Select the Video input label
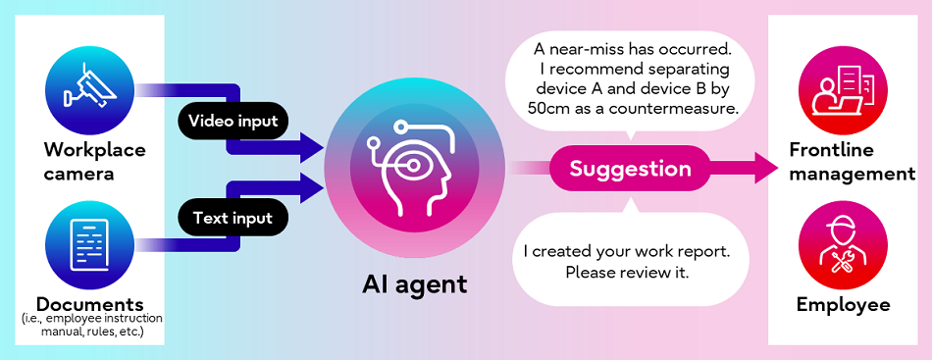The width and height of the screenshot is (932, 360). click(x=233, y=123)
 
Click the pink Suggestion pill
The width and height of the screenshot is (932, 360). click(x=630, y=169)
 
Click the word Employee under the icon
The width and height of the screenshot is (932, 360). click(x=843, y=305)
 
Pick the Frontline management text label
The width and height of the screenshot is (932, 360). click(x=851, y=162)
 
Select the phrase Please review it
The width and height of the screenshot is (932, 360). click(x=628, y=271)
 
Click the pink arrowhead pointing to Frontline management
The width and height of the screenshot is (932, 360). click(x=764, y=168)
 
